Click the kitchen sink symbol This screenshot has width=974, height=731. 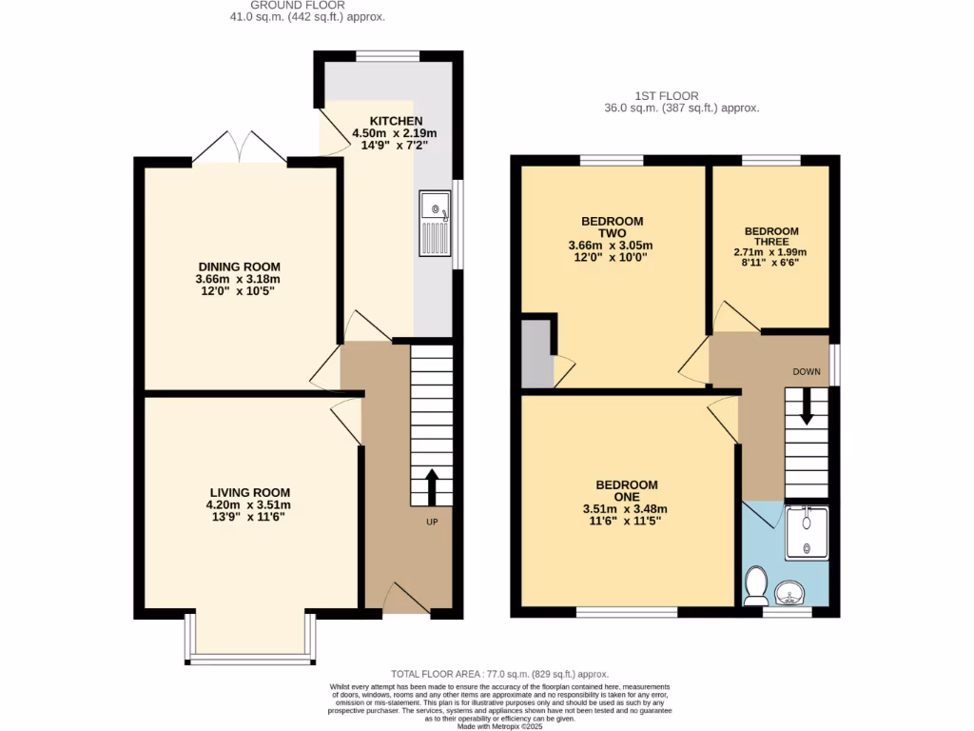point(435,223)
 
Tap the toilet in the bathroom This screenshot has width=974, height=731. point(757,586)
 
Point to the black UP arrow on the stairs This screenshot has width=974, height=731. point(430,486)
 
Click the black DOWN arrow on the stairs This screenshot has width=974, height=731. point(807,406)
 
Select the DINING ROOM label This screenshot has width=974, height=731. point(239,267)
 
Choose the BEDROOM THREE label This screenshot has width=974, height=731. point(771,236)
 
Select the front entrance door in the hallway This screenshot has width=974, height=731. point(407,600)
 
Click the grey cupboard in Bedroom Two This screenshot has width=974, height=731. point(536,354)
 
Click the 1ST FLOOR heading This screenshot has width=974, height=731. point(667,96)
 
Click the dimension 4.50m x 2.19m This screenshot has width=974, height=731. point(395,133)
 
